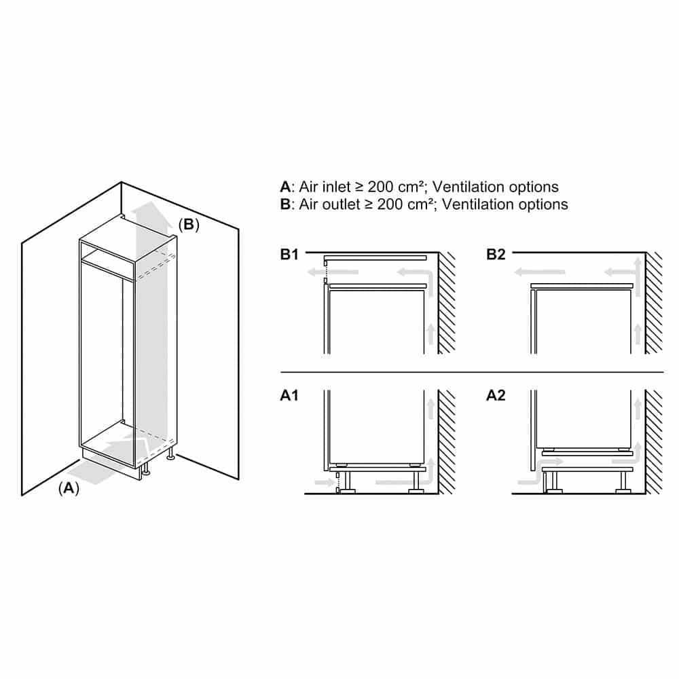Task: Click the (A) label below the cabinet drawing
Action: click(x=69, y=488)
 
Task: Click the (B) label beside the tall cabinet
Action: click(x=189, y=225)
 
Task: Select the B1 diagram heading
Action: click(x=290, y=255)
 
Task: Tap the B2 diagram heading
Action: click(x=496, y=255)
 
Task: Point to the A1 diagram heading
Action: click(x=289, y=395)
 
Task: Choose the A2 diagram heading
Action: click(x=496, y=395)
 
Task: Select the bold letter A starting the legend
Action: click(x=285, y=187)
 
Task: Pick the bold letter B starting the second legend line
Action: click(x=285, y=204)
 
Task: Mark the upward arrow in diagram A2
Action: click(x=637, y=410)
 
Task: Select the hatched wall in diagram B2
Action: click(x=653, y=302)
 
